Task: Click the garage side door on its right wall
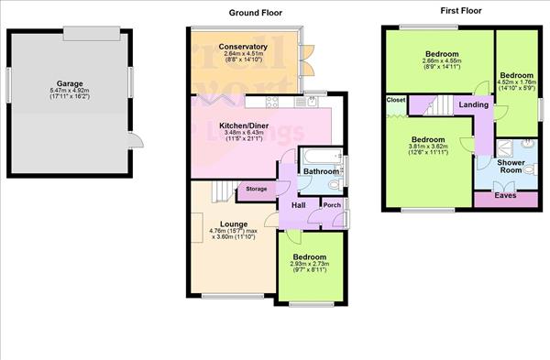pyautogui.click(x=136, y=139)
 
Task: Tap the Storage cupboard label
pyautogui.click(x=256, y=190)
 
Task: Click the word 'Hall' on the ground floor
pyautogui.click(x=298, y=205)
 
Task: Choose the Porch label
pyautogui.click(x=330, y=205)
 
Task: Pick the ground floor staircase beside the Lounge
pyautogui.click(x=219, y=191)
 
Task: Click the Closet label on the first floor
pyautogui.click(x=396, y=99)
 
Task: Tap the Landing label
pyautogui.click(x=473, y=105)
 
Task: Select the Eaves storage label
pyautogui.click(x=505, y=195)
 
